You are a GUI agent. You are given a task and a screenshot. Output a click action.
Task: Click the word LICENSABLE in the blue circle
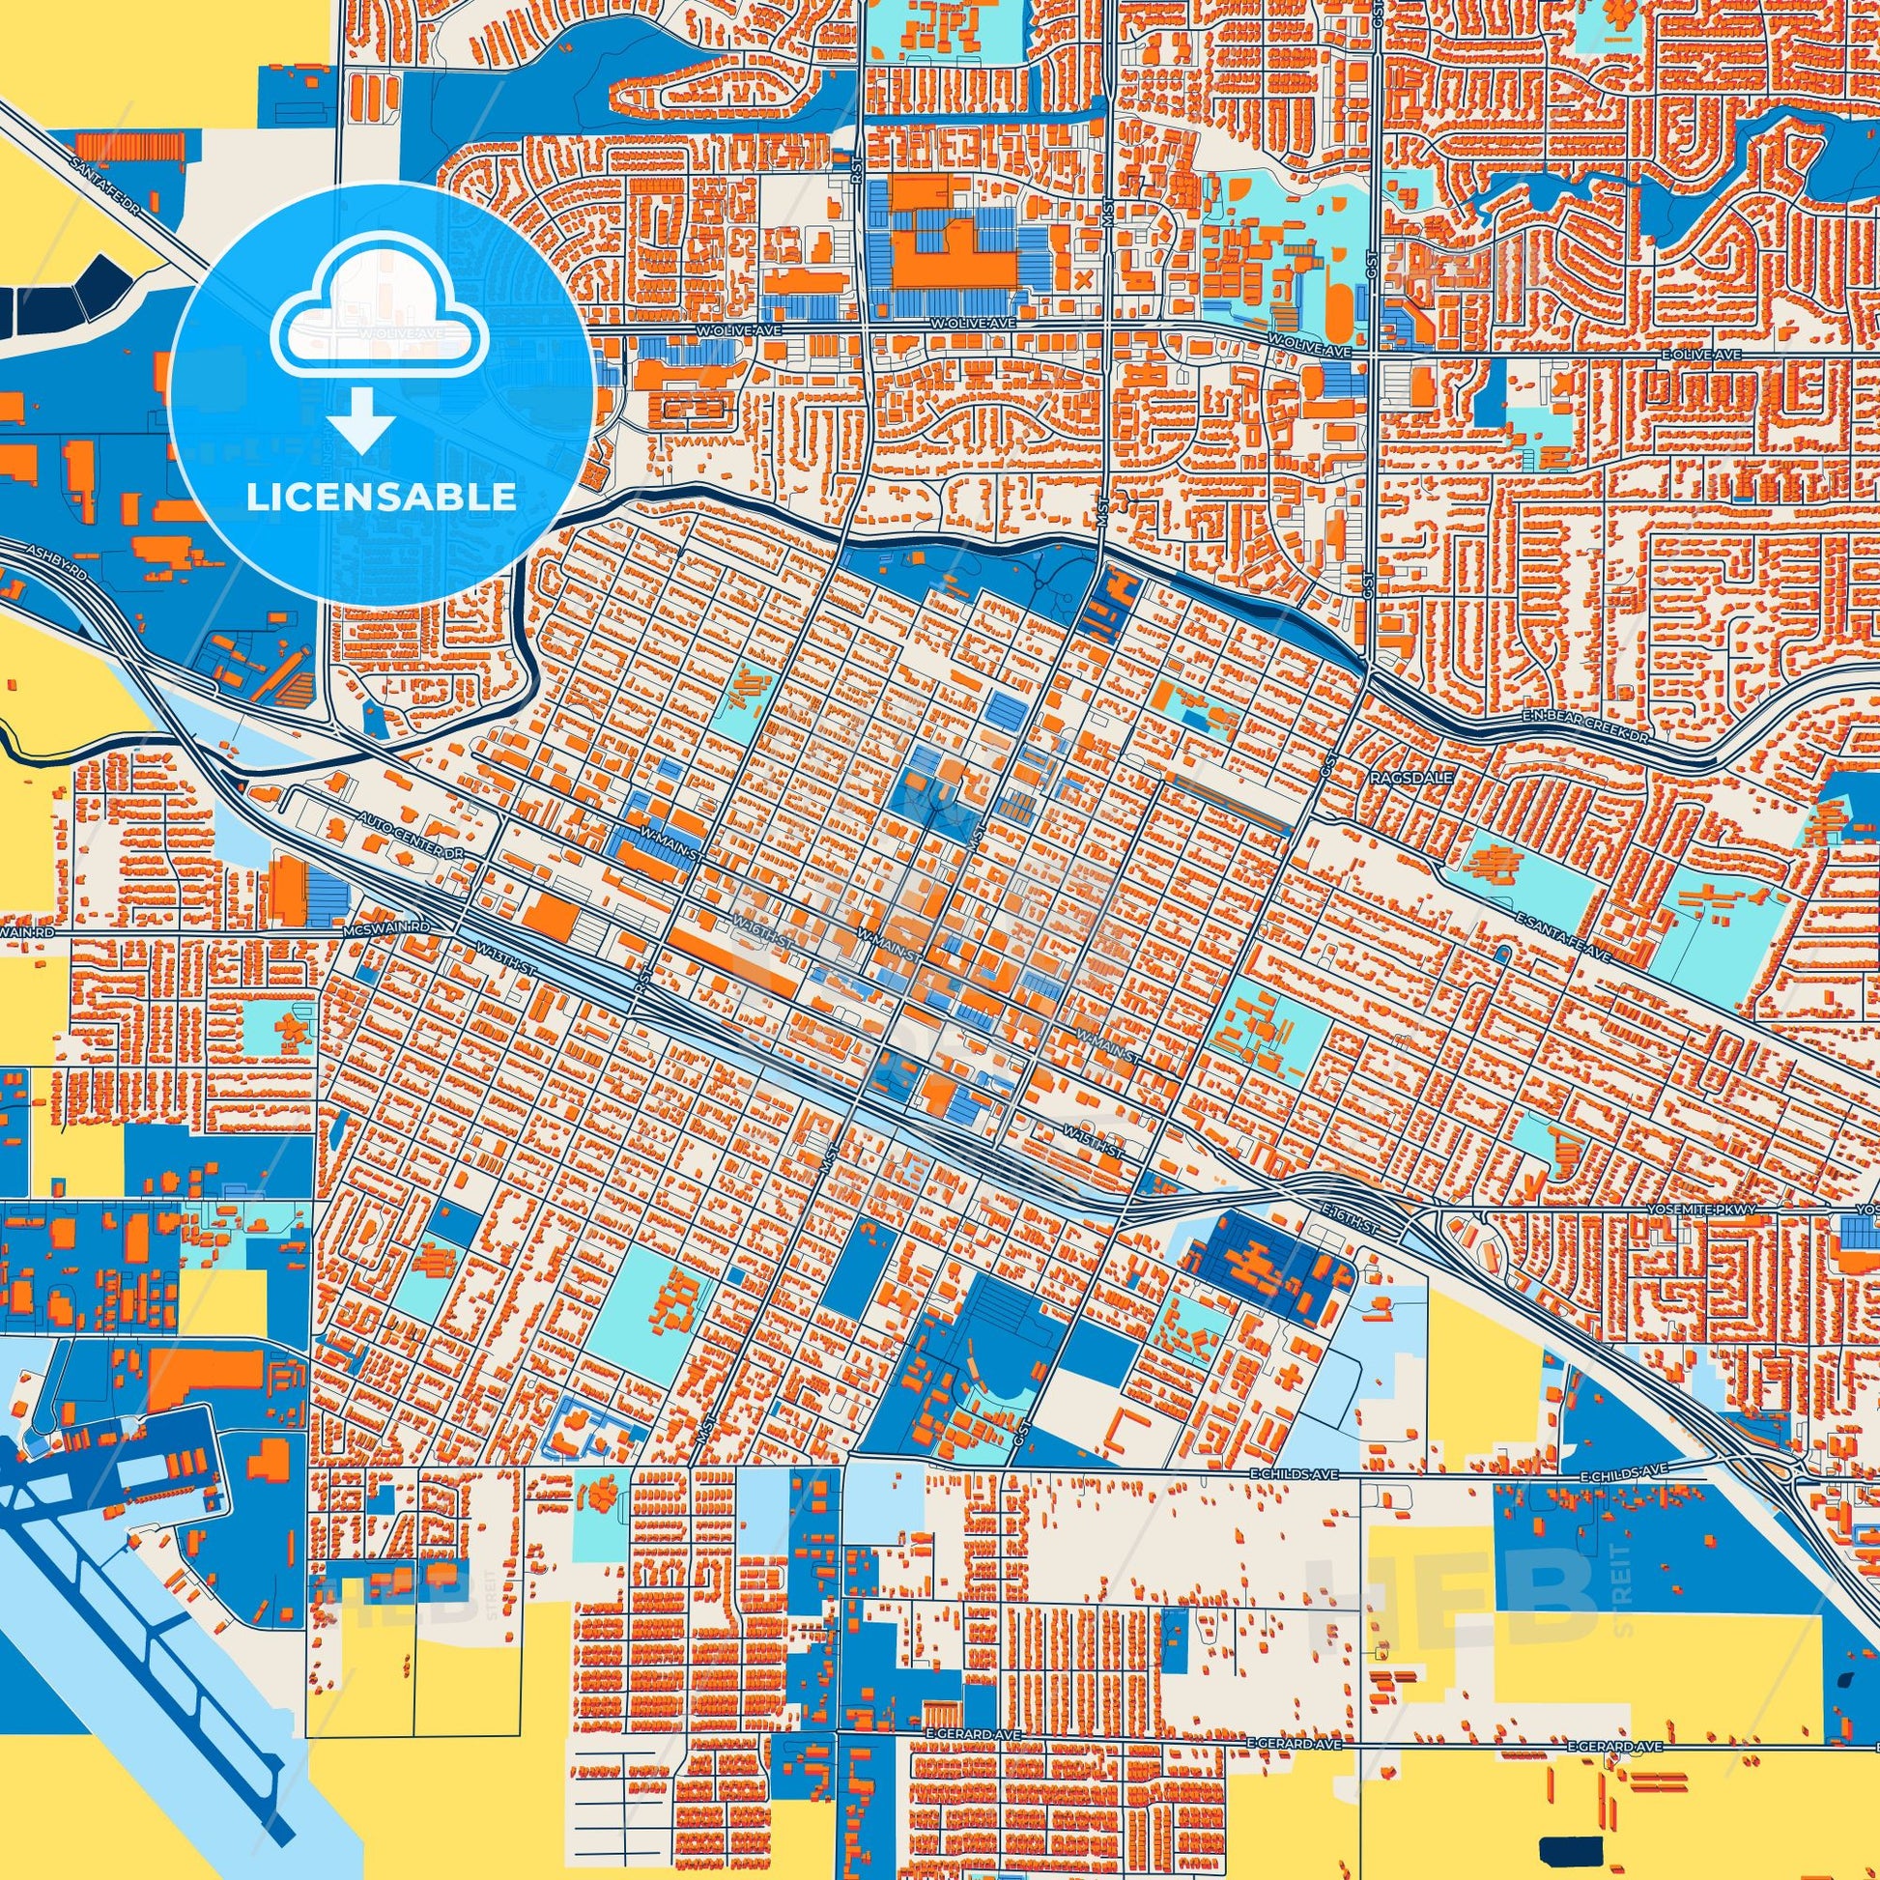tap(381, 498)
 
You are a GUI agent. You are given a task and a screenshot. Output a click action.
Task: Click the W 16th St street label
tap(754, 921)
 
